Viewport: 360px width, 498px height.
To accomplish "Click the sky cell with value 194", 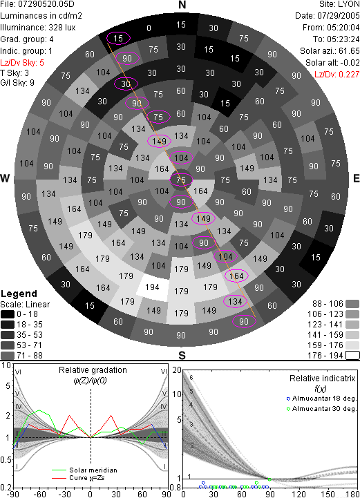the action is [153, 287].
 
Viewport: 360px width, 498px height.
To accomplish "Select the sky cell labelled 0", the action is [149, 28].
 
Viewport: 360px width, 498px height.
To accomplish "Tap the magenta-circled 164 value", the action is [236, 276].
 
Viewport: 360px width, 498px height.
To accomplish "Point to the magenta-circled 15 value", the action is [118, 39].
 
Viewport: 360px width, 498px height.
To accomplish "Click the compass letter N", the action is [182, 5].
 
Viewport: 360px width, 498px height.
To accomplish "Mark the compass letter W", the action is [5, 178].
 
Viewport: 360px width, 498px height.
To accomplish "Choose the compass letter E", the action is [356, 178].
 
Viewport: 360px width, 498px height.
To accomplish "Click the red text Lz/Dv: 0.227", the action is [337, 75].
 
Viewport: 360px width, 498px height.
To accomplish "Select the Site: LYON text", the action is [339, 4].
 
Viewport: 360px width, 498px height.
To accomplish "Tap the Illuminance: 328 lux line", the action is [38, 28].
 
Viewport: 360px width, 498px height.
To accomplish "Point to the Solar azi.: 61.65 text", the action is [330, 51].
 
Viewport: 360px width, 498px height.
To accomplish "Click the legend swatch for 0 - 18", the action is [8, 314].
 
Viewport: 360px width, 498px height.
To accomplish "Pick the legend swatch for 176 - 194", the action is [352, 356].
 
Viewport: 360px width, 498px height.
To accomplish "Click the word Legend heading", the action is [19, 294].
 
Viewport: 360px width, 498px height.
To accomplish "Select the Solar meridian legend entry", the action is [85, 470].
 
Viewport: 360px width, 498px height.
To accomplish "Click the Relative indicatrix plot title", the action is [322, 379].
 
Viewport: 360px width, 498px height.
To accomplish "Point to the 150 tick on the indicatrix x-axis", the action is [328, 494].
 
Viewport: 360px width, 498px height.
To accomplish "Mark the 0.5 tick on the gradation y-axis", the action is [6, 460].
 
